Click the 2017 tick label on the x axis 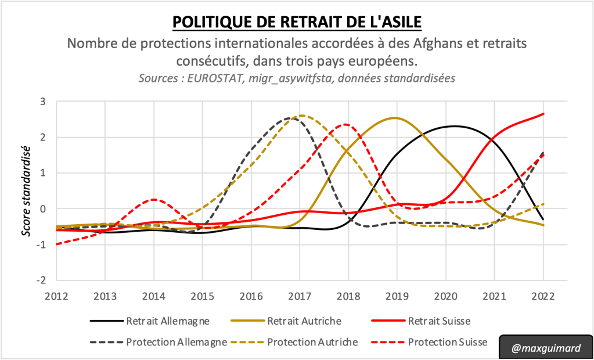pyautogui.click(x=300, y=295)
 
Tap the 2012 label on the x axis pyautogui.click(x=57, y=295)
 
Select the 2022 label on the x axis pyautogui.click(x=543, y=295)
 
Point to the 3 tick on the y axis pyautogui.click(x=42, y=102)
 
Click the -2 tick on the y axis pyautogui.click(x=41, y=280)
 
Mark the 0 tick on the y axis pyautogui.click(x=42, y=209)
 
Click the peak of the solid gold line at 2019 pyautogui.click(x=395, y=118)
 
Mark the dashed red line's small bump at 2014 pyautogui.click(x=154, y=199)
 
